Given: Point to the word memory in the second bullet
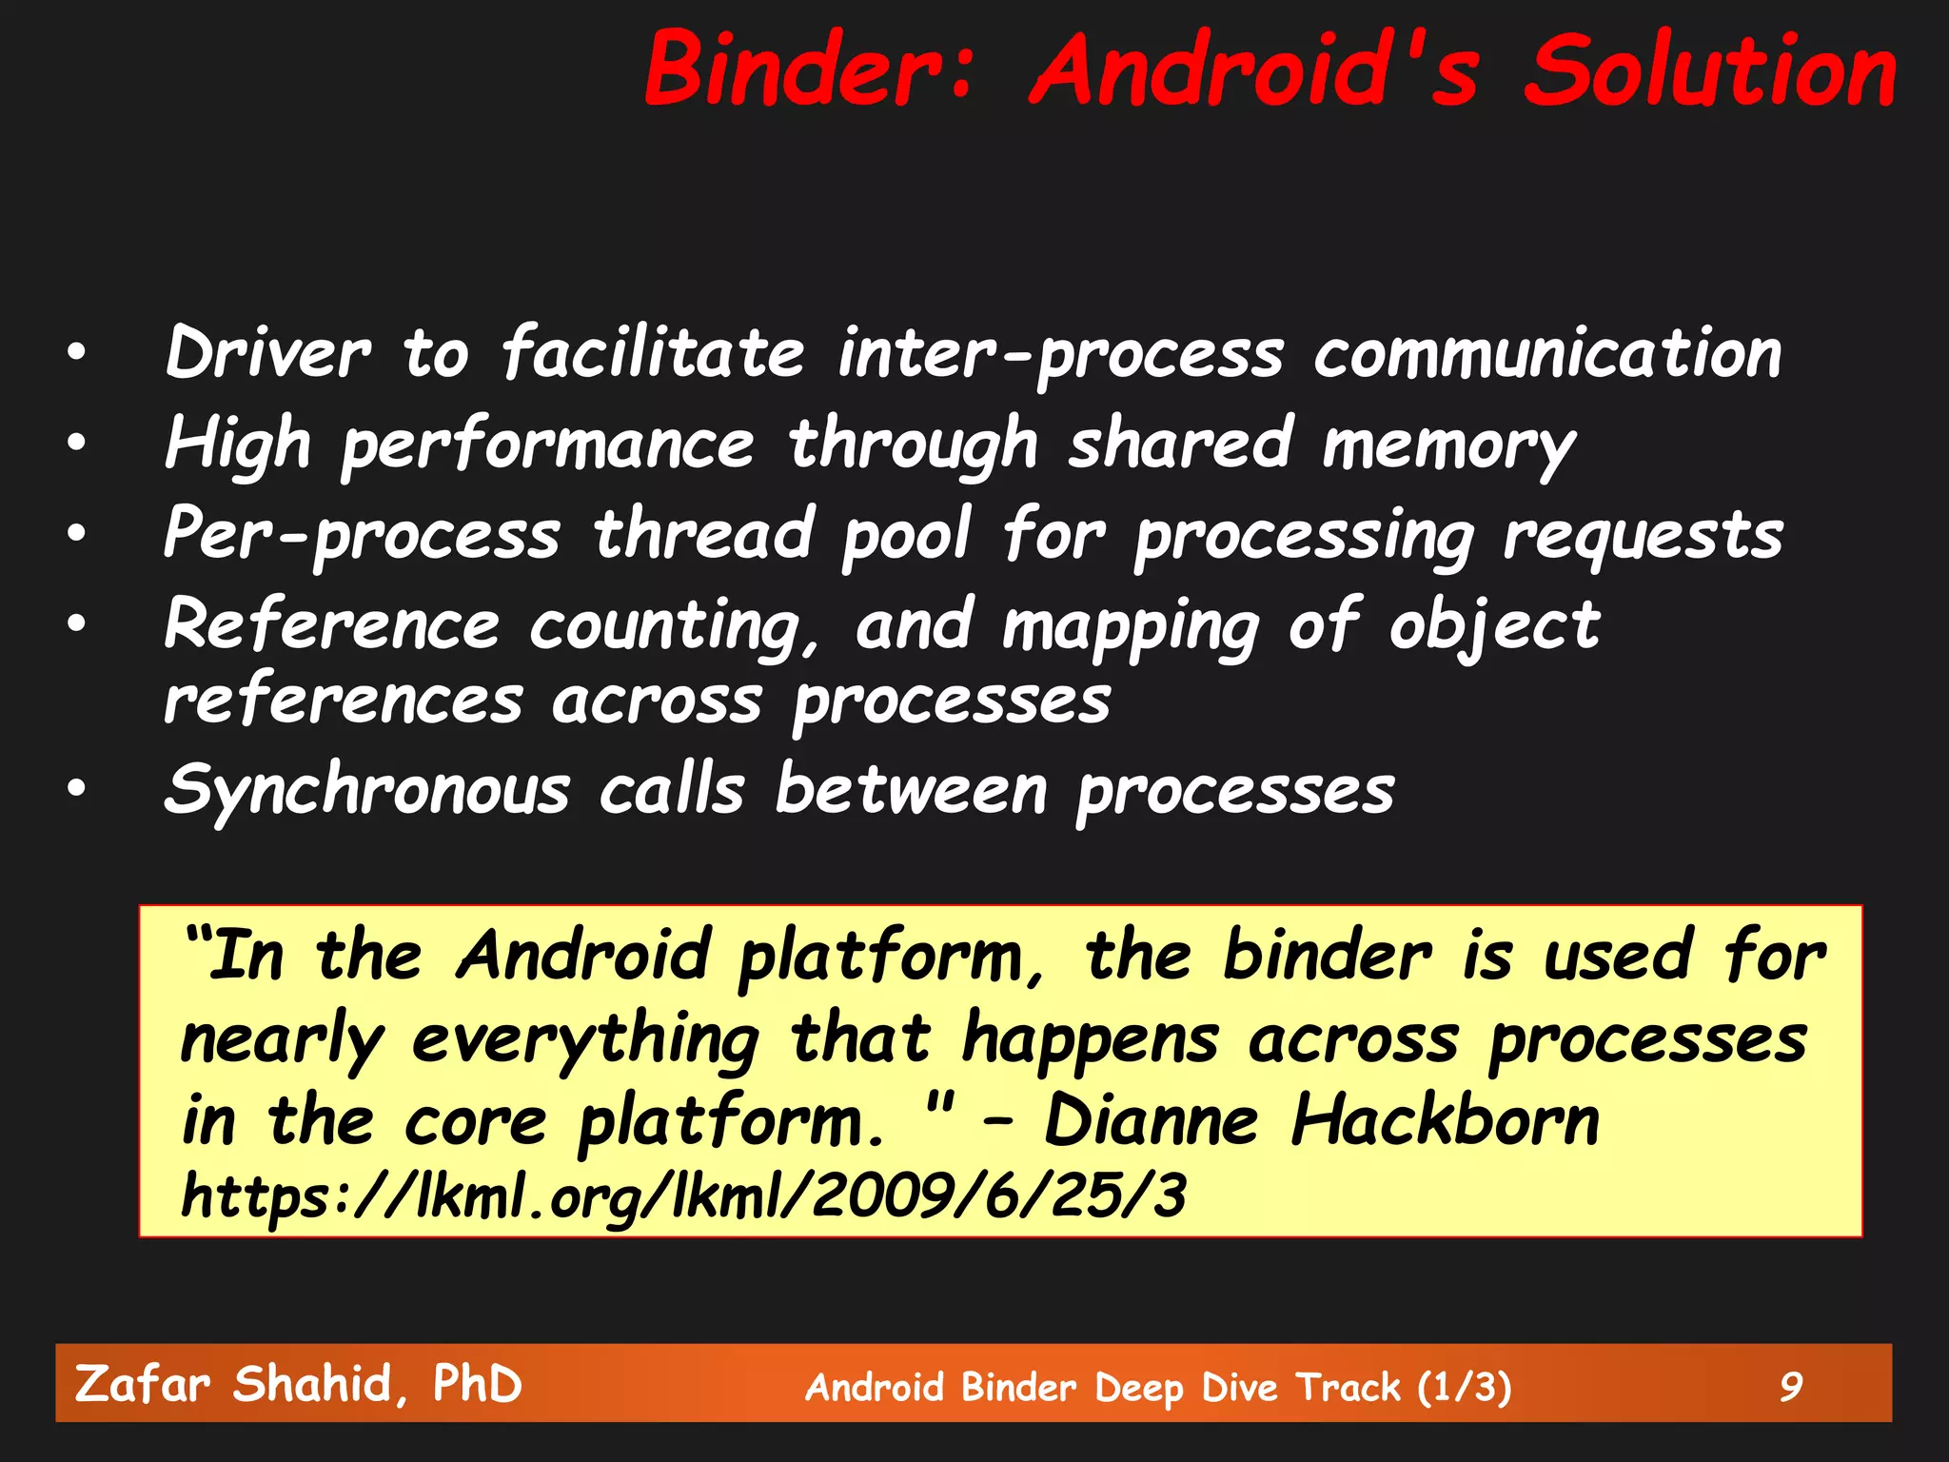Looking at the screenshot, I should [1448, 445].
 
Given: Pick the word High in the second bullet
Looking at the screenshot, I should [238, 445].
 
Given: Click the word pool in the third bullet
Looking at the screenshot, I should [906, 535].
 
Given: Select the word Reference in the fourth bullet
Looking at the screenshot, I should [332, 626].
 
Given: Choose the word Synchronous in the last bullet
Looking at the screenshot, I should [367, 791].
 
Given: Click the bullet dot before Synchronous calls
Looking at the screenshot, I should [77, 787].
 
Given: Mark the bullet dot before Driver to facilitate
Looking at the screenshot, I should [77, 352].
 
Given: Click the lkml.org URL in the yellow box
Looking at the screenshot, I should [683, 1196].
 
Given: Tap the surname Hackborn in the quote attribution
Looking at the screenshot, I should [1445, 1120].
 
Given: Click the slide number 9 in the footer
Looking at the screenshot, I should [1791, 1387].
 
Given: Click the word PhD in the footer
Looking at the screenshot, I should [477, 1384].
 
